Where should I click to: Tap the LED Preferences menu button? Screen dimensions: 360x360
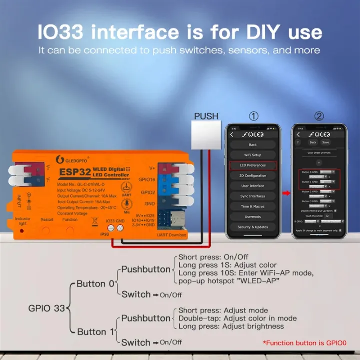pyautogui.click(x=252, y=165)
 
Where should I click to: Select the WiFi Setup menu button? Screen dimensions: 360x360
pyautogui.click(x=252, y=155)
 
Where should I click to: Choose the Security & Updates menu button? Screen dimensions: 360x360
pyautogui.click(x=252, y=227)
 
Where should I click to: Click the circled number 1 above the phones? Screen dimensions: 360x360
pyautogui.click(x=254, y=116)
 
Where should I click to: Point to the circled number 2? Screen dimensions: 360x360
pyautogui.click(x=319, y=116)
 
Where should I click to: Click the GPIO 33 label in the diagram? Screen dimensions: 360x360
pyautogui.click(x=47, y=308)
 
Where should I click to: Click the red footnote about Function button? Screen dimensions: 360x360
pyautogui.click(x=304, y=343)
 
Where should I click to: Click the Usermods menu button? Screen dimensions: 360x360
pyautogui.click(x=252, y=216)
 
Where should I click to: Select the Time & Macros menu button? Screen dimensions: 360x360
pyautogui.click(x=252, y=206)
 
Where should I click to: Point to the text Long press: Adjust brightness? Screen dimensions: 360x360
pyautogui.click(x=231, y=326)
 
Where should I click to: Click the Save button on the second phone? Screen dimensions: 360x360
pyautogui.click(x=326, y=143)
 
